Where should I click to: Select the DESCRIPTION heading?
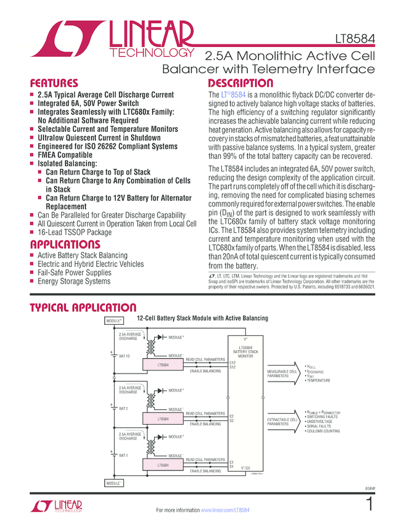(240, 83)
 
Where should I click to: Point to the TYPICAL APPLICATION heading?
(83, 308)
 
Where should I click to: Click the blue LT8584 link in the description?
(234, 95)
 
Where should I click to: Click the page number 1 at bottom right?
(369, 504)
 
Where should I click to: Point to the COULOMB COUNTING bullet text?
(324, 431)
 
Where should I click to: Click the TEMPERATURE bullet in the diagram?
(319, 380)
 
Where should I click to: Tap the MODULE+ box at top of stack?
(114, 321)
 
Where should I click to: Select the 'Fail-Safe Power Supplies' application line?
(75, 272)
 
